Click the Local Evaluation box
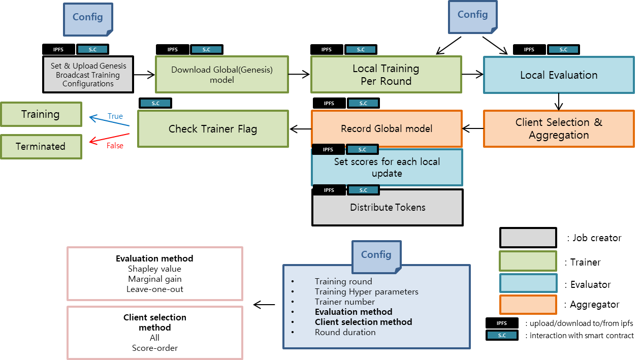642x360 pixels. [x=559, y=75]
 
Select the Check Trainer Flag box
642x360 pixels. [x=213, y=129]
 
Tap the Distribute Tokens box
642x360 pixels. [x=388, y=208]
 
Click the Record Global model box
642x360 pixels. [x=387, y=128]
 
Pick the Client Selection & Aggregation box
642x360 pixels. [x=559, y=128]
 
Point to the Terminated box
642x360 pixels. [x=41, y=146]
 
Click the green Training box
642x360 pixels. [x=41, y=114]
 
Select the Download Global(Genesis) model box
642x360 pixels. [x=221, y=75]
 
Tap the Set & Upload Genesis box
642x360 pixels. [x=88, y=75]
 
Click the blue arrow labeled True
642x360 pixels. [x=109, y=121]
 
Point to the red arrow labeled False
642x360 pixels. [x=109, y=138]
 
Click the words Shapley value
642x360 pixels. [x=154, y=269]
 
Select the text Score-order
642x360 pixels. [x=154, y=348]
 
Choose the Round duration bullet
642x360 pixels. [x=345, y=332]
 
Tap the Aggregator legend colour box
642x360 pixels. [x=528, y=305]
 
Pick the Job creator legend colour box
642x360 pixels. [x=528, y=238]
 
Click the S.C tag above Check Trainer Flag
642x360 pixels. [x=155, y=103]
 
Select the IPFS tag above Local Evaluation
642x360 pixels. [x=529, y=49]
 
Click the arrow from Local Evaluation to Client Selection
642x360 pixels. [x=559, y=102]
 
